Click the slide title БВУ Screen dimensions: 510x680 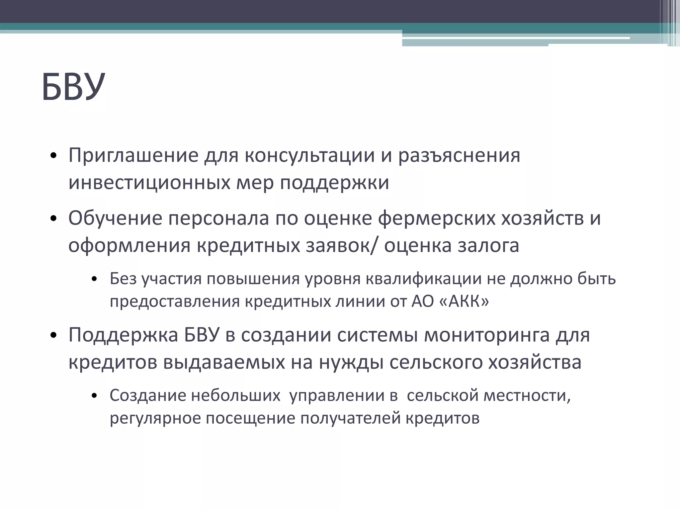coord(73,87)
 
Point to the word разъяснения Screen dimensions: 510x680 coord(459,155)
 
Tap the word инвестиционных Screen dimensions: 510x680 coord(149,182)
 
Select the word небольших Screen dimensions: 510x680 coord(236,395)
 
